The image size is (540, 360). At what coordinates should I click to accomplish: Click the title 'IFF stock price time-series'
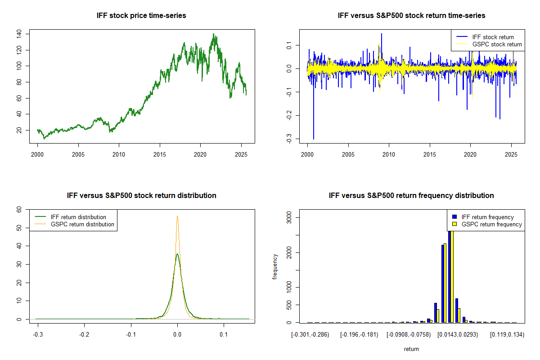coord(141,16)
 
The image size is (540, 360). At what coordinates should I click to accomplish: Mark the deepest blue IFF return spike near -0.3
coord(314,139)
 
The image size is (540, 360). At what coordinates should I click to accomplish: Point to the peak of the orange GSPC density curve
coord(177,216)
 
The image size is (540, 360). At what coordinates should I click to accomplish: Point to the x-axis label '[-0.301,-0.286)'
coord(310,335)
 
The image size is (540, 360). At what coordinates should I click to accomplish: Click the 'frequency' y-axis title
coord(275,266)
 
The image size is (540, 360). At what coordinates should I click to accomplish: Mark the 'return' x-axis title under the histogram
coord(411,349)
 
